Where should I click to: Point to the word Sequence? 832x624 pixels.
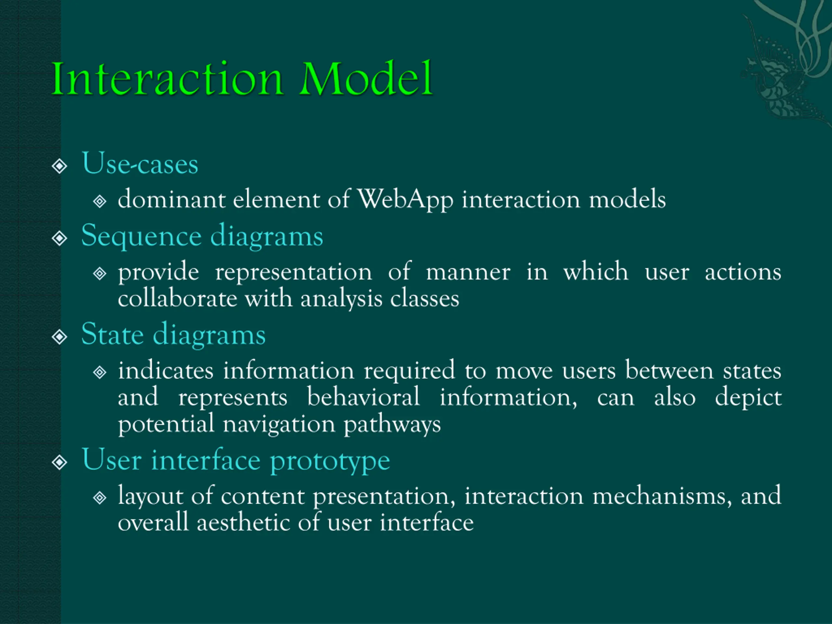coord(141,237)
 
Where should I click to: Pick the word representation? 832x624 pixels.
coord(293,272)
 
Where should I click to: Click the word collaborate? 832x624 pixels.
coord(177,299)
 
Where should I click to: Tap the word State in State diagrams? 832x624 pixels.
coord(112,334)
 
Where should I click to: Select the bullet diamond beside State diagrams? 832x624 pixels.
coord(59,337)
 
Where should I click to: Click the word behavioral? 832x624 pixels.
coord(363,397)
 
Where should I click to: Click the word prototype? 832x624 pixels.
coord(330,461)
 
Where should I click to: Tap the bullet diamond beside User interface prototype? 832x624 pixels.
coord(59,462)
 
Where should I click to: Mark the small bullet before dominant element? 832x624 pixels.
coord(100,201)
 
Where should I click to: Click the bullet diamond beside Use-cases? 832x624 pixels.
coord(59,166)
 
